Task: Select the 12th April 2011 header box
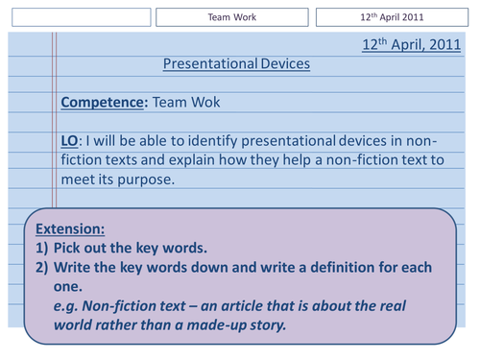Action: tap(393, 17)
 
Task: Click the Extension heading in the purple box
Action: tap(70, 229)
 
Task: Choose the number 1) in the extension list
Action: tap(42, 248)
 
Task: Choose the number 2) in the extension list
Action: tap(42, 267)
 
